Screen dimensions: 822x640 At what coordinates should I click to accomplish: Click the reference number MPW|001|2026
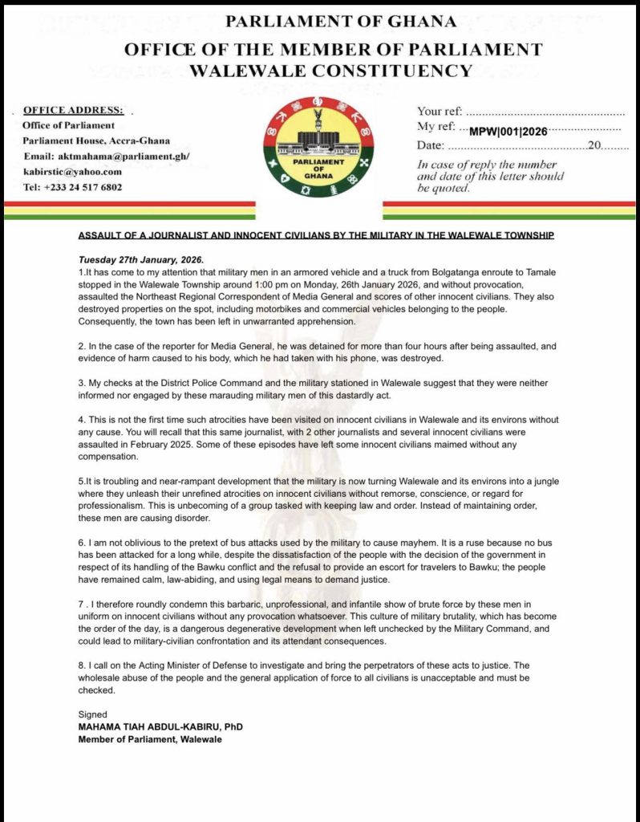click(x=508, y=130)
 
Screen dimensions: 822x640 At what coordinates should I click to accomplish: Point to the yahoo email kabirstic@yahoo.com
click(x=72, y=171)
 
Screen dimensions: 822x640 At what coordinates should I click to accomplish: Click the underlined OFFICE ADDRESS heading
click(x=73, y=109)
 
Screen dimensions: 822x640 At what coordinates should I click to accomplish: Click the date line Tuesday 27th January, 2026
click(x=141, y=261)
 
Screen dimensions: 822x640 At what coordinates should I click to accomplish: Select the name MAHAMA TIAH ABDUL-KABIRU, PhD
click(x=160, y=727)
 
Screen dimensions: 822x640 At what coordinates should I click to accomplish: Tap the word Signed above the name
click(x=92, y=714)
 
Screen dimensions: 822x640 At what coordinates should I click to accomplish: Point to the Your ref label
click(x=439, y=112)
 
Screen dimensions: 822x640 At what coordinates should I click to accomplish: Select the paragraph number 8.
click(x=80, y=666)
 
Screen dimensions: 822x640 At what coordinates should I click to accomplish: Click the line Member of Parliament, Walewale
click(x=150, y=739)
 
